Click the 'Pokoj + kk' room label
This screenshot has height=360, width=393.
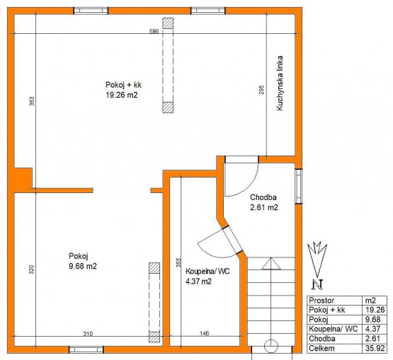tap(123, 85)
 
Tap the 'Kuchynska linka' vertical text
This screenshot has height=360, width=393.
tap(280, 83)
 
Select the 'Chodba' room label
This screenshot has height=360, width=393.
tap(263, 197)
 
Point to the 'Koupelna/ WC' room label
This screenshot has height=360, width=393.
tap(207, 271)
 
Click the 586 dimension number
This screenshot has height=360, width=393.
tap(154, 31)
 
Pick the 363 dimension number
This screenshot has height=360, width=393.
tap(32, 101)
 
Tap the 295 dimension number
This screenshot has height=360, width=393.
tap(261, 90)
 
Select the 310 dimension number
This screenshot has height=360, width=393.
tap(88, 333)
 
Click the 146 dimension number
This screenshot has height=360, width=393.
tap(205, 333)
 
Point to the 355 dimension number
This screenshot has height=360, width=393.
tap(178, 263)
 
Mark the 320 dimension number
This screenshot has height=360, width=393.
tap(31, 269)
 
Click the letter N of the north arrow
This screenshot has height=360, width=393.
tap(317, 284)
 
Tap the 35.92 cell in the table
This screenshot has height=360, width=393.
tap(375, 348)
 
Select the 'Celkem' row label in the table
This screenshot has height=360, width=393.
tap(321, 348)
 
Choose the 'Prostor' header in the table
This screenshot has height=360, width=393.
tap(321, 301)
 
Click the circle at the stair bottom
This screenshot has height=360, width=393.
tap(271, 347)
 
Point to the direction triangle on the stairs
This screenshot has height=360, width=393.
tap(271, 264)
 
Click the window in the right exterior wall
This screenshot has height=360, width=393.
tap(299, 186)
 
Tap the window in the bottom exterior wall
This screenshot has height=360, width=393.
tap(86, 349)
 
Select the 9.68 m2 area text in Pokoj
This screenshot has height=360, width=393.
tap(83, 266)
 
